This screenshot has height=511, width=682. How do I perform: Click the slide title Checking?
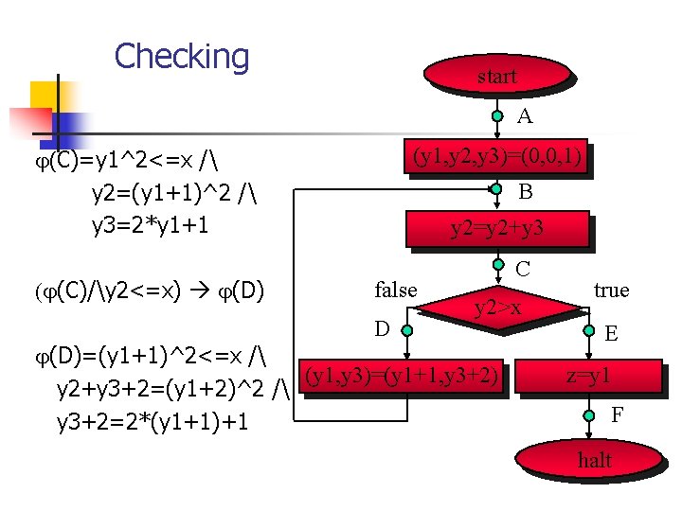click(x=181, y=56)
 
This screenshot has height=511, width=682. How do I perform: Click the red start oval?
click(x=496, y=77)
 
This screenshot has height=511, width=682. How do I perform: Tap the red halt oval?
click(x=594, y=461)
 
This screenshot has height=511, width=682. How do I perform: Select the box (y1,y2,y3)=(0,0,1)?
click(x=497, y=155)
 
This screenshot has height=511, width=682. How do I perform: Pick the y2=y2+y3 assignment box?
click(x=496, y=228)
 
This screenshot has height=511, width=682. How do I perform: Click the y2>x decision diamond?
click(x=497, y=307)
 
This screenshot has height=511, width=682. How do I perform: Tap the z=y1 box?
click(x=588, y=376)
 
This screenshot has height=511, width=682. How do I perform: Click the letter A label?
click(x=525, y=117)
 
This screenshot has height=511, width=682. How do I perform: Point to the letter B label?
click(x=525, y=191)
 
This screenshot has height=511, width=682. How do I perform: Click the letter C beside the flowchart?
click(x=522, y=269)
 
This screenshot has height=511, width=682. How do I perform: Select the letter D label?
click(x=382, y=329)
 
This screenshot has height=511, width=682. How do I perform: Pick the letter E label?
click(x=611, y=333)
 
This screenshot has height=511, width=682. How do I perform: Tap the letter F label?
click(x=617, y=414)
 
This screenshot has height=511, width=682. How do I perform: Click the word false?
click(x=396, y=290)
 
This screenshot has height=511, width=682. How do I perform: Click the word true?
click(x=611, y=290)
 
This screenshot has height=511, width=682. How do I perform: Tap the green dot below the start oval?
click(x=497, y=116)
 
